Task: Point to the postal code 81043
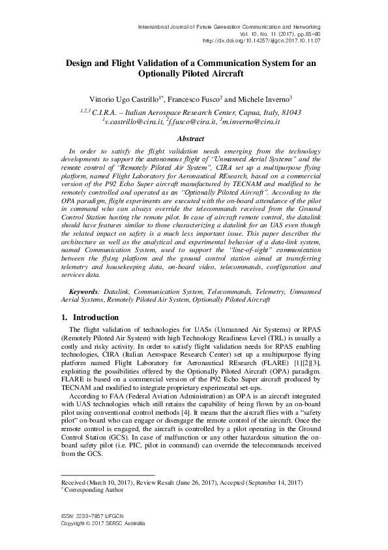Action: click(288, 112)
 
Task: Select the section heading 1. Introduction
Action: click(85, 317)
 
